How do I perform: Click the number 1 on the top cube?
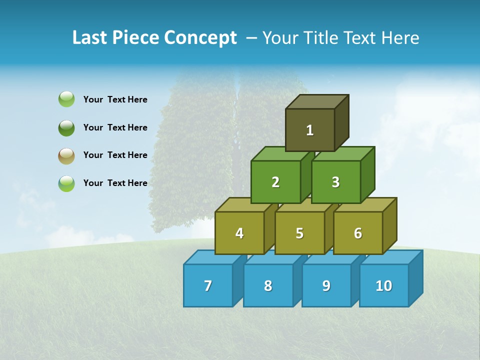click(x=309, y=130)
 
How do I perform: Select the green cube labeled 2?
click(x=275, y=182)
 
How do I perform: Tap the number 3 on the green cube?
click(x=335, y=182)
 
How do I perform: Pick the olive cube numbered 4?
click(x=239, y=233)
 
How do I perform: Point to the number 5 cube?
click(x=299, y=233)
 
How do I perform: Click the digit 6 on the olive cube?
click(x=357, y=233)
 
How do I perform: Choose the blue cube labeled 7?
click(x=208, y=285)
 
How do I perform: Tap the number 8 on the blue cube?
click(x=268, y=285)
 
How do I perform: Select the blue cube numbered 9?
click(x=326, y=285)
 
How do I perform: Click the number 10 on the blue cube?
click(x=383, y=285)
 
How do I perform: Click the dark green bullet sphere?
click(x=66, y=127)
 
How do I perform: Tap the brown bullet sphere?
click(x=66, y=155)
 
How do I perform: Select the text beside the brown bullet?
click(x=115, y=155)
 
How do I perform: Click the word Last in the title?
click(x=89, y=38)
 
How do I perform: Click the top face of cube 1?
click(x=317, y=101)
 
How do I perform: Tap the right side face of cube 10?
click(x=415, y=278)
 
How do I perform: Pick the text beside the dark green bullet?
click(x=115, y=127)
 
